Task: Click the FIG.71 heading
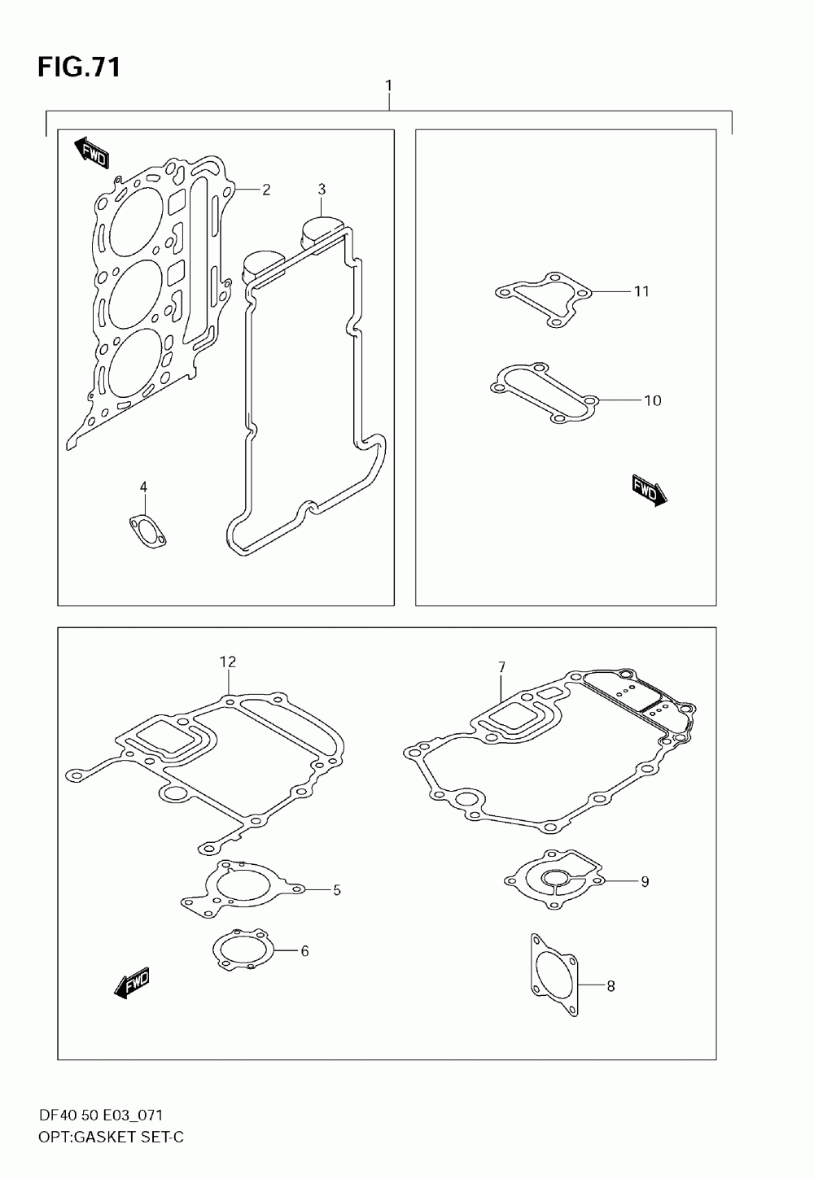point(79,68)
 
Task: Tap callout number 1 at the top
point(389,85)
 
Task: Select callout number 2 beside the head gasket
point(266,190)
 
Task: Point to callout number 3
point(322,190)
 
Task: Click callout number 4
point(143,487)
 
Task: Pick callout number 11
point(641,291)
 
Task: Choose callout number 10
point(652,400)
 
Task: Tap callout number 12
point(227,662)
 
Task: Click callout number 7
point(501,667)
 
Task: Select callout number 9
point(645,881)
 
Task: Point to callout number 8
point(610,987)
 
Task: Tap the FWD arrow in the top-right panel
point(649,491)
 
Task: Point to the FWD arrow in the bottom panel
point(132,982)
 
